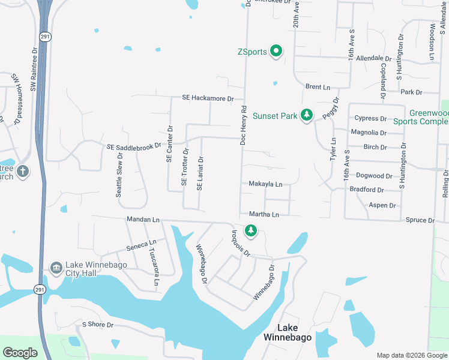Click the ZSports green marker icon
(276, 51)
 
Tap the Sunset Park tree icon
(307, 114)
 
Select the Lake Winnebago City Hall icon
(56, 266)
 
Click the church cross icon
(23, 172)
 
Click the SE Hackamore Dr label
(208, 98)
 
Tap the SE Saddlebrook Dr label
(134, 146)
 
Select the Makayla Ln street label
(265, 184)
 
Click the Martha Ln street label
(264, 214)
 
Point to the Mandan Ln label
(142, 220)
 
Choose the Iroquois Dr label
(241, 242)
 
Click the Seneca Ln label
(140, 246)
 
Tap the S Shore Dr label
(98, 325)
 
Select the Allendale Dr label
(373, 58)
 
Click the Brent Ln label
(318, 87)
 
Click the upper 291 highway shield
(46, 37)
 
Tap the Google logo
(20, 353)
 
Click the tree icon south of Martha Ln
(250, 230)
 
